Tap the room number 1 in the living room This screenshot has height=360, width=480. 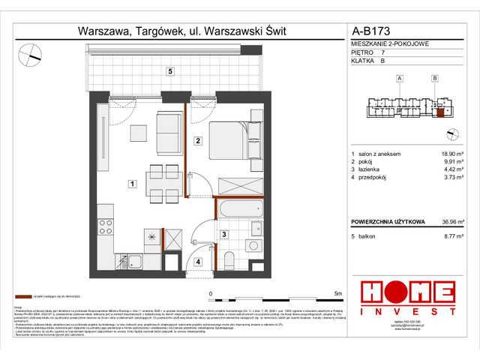[131, 183]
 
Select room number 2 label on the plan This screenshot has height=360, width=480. [196, 140]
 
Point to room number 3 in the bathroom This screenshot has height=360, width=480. [223, 235]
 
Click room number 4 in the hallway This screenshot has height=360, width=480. [198, 262]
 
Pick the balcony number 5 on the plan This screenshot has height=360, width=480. [171, 71]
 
